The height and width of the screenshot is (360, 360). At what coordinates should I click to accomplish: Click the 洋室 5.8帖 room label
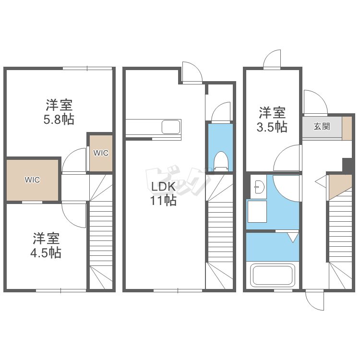pos(59,112)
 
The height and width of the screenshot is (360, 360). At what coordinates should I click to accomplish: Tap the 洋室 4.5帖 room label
pos(46,245)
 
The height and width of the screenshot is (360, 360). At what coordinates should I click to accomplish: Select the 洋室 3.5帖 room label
pos(272,120)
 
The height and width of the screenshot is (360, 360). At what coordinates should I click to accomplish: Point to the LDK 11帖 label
pos(163,193)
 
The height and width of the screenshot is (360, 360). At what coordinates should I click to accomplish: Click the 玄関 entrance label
pos(322,126)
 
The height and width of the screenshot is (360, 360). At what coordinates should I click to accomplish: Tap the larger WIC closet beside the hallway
pos(32,180)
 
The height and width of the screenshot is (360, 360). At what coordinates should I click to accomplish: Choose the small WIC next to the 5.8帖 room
pos(101,153)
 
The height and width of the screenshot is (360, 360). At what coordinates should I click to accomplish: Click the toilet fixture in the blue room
pos(221,161)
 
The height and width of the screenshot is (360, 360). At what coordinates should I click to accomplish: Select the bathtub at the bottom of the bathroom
pos(273,275)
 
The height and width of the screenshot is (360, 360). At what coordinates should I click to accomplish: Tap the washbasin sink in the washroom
pos(260,187)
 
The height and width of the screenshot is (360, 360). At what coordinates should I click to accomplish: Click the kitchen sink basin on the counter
pos(171,127)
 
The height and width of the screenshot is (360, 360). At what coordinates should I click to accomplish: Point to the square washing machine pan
pos(257,212)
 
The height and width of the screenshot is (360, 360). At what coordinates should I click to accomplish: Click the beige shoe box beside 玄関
pos(347,128)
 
